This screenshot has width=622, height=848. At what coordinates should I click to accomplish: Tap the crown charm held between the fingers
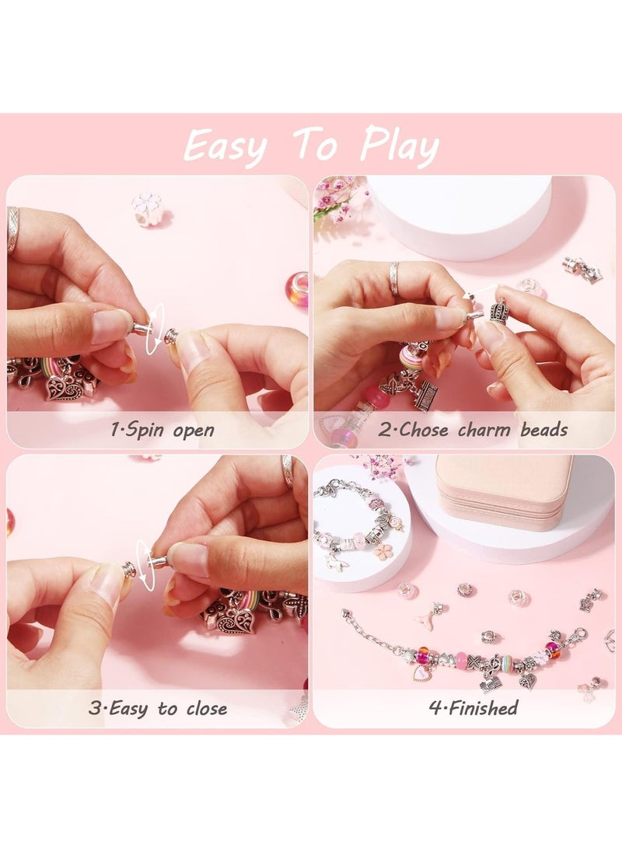498,310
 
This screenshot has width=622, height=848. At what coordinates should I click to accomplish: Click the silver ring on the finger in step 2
394,277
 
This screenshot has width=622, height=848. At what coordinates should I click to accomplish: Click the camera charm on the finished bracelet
490,684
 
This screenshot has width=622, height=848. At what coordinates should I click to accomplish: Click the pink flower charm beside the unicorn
383,552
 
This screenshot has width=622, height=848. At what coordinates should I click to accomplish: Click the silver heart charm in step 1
62,386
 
